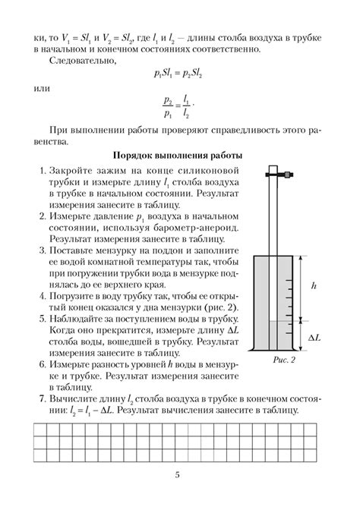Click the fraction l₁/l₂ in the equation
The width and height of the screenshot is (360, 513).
pyautogui.click(x=186, y=106)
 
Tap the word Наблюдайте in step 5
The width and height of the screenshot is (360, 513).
pyautogui.click(x=79, y=319)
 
